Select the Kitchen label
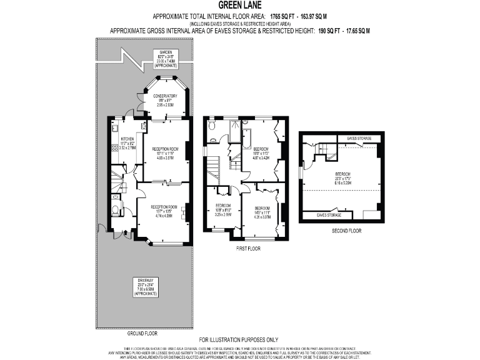127,141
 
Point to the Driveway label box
145,286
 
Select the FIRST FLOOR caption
249,248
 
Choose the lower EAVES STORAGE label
329,214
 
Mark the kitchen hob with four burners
115,149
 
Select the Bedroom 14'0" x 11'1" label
262,211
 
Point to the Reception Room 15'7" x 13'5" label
164,209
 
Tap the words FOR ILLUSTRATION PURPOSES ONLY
239,339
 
